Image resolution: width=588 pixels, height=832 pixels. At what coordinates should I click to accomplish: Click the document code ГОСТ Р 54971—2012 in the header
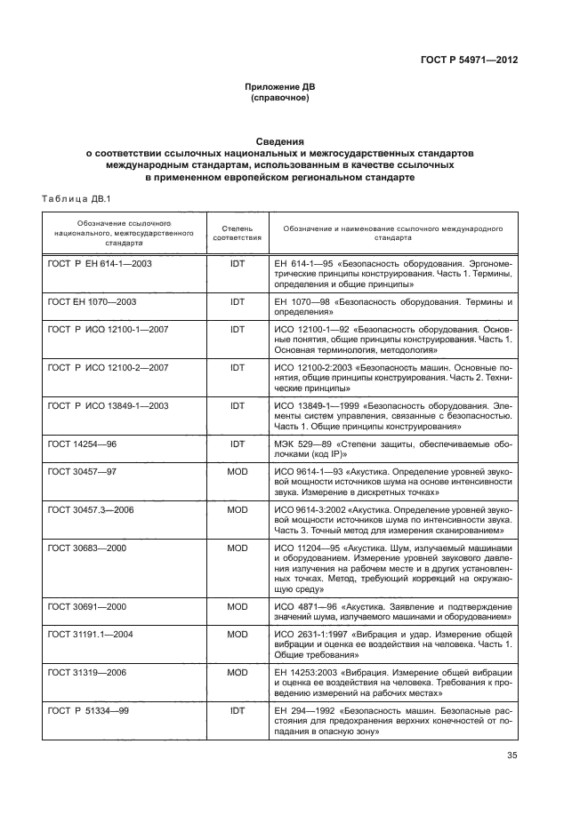(469, 60)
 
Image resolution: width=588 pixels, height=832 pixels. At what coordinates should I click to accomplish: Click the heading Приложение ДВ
(280, 87)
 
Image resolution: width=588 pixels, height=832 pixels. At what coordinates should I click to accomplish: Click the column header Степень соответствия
(237, 234)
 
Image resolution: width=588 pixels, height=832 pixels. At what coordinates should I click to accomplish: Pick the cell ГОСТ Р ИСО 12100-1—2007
(107, 329)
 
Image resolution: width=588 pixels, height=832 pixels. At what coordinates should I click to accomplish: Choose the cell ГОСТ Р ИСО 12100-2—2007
(107, 367)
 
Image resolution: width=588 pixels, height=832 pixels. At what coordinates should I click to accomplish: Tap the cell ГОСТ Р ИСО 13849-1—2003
(107, 405)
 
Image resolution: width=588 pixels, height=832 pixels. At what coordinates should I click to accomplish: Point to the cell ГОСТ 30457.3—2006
(90, 509)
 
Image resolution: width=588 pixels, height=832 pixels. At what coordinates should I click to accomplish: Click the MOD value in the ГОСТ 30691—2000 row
(237, 605)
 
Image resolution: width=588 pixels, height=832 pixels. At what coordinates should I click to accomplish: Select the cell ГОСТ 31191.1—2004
(90, 635)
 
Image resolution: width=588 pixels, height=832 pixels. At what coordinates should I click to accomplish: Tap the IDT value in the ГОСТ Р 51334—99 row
(237, 711)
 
